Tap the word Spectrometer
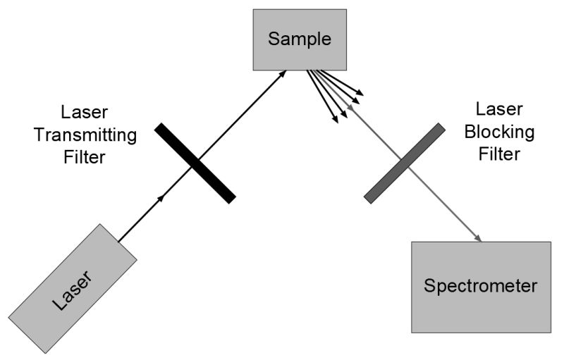coord(481,287)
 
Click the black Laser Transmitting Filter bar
coord(195,163)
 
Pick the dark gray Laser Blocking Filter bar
coord(404,163)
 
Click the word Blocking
coord(504,132)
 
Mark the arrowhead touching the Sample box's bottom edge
coord(283,73)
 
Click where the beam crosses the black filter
coord(195,164)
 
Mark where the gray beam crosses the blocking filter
coord(404,163)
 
